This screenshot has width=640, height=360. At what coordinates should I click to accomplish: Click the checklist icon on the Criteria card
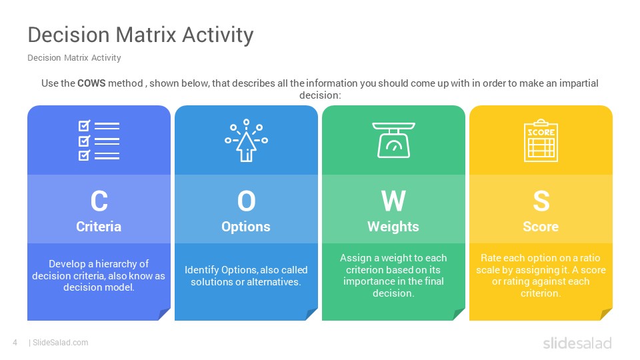coord(99,141)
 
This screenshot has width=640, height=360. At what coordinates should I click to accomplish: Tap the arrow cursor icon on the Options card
coord(246,141)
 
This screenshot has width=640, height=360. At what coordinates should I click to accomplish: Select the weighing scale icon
coord(393,140)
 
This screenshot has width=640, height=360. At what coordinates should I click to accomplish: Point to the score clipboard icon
coord(541,141)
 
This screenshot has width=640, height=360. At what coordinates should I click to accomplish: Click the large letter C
coord(99,201)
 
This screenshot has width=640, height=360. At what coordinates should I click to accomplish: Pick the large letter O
coord(246,201)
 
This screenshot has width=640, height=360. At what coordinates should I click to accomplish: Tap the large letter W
coord(393,201)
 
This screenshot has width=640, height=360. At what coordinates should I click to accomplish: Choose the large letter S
coord(541,201)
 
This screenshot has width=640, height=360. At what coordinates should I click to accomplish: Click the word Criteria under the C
coord(99,227)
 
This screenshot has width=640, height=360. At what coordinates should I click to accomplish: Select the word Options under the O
coord(246,227)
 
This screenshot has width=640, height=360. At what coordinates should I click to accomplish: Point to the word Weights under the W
coord(393,227)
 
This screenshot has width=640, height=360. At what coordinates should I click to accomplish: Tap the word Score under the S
coord(541,227)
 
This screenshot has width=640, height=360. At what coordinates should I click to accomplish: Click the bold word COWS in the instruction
coord(91,83)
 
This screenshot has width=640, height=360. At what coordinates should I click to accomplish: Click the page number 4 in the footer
coord(15,343)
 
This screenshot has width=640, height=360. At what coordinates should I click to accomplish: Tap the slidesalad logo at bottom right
coord(577,343)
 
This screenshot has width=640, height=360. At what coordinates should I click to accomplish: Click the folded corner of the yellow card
coord(605,314)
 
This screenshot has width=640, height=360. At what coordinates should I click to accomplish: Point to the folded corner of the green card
coord(458,314)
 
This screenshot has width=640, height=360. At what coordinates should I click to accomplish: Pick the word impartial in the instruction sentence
coord(579,83)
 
